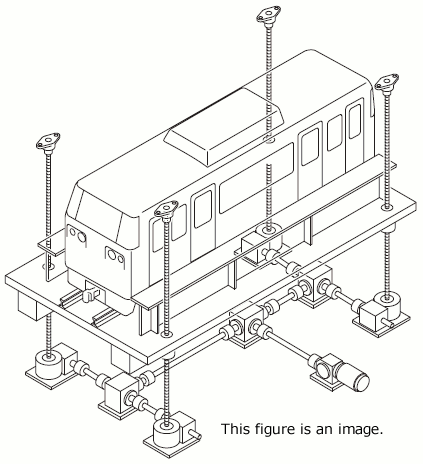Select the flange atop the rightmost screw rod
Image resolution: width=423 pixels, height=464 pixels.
click(x=388, y=87)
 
